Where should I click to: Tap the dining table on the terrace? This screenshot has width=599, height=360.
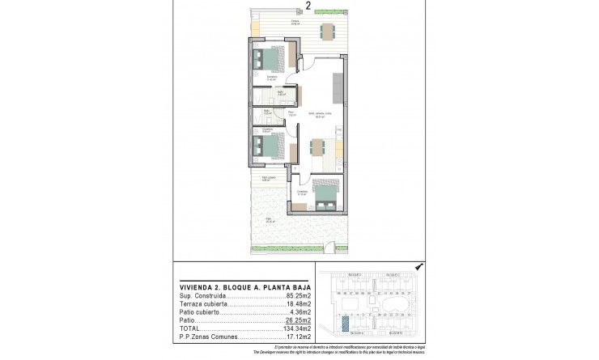point(327,32)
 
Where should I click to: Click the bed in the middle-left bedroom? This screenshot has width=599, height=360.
point(268,146)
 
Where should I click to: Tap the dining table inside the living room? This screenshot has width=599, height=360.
point(317,148)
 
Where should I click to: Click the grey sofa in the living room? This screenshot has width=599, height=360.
point(335,81)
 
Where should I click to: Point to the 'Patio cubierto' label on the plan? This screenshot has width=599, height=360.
point(258,179)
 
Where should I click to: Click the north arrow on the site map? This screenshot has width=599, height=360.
point(418,266)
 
